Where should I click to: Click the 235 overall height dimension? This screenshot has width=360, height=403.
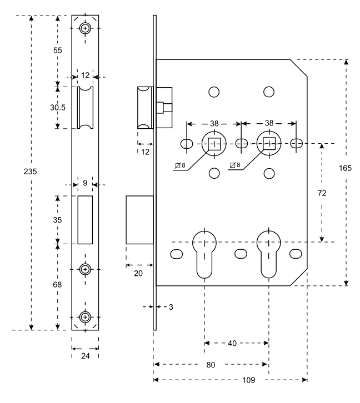(x=31, y=172)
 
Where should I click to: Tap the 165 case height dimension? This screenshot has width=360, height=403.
(x=345, y=168)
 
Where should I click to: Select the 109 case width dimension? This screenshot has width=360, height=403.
(x=249, y=380)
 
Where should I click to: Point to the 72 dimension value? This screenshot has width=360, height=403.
(x=322, y=193)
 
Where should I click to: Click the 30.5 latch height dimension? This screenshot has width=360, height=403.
(x=58, y=108)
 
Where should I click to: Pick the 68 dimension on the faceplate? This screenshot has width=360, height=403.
(x=57, y=285)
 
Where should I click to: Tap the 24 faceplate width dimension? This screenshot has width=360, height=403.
(x=86, y=356)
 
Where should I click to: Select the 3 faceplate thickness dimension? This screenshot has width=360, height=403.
(x=171, y=307)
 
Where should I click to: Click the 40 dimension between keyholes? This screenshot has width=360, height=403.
(x=232, y=344)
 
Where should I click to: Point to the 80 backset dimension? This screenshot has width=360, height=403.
(x=211, y=365)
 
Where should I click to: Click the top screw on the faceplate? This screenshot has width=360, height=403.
(x=85, y=28)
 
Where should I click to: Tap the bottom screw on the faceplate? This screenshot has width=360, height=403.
(x=85, y=317)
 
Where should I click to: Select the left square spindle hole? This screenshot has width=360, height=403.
(x=214, y=144)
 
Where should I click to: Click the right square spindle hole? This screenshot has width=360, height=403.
(x=269, y=144)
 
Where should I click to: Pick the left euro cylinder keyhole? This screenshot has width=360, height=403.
(x=204, y=254)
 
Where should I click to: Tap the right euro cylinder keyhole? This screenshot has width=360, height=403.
(x=269, y=254)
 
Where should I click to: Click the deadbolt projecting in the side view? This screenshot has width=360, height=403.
(x=139, y=220)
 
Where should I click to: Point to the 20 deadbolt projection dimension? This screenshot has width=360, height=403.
(x=138, y=273)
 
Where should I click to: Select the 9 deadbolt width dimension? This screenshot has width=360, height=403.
(x=85, y=183)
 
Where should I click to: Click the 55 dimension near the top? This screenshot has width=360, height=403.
(x=58, y=51)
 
